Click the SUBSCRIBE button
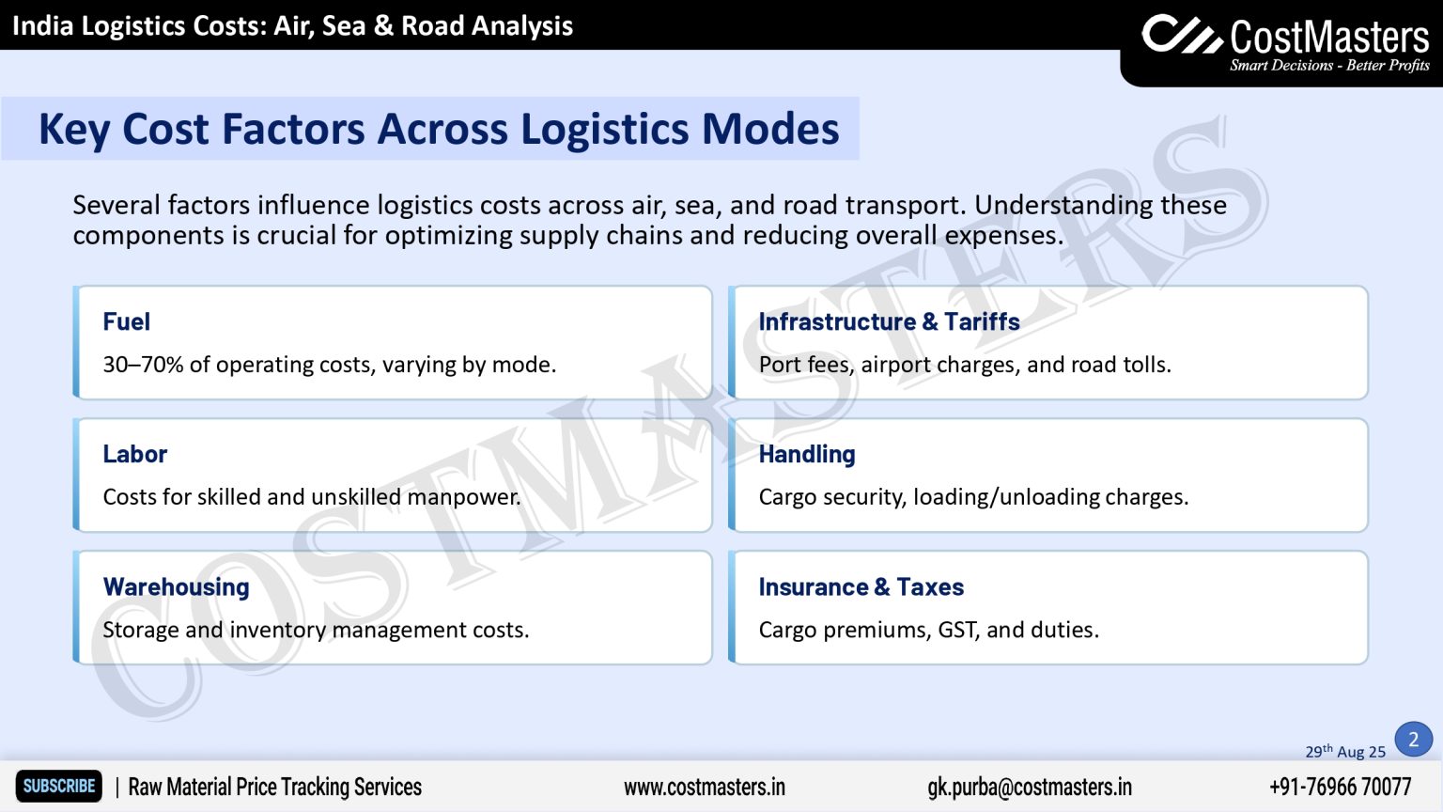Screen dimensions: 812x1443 [58, 787]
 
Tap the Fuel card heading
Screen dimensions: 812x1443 [126, 321]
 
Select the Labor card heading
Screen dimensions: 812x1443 [134, 454]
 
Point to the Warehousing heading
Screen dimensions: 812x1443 [176, 586]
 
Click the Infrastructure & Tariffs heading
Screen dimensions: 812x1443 [889, 321]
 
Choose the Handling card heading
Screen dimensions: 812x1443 [806, 454]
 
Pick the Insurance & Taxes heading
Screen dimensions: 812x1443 [861, 586]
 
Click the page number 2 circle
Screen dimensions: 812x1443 [1413, 740]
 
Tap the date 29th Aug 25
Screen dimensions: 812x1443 [1344, 751]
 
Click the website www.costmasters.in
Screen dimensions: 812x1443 [704, 787]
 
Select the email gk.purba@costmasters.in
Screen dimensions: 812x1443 [1029, 787]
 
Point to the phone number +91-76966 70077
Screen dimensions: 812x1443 [1340, 787]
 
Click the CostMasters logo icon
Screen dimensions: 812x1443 [1181, 35]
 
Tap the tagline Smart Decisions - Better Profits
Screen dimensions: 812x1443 [1329, 66]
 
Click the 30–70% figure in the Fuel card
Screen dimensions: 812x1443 [143, 365]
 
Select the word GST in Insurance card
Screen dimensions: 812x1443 [958, 630]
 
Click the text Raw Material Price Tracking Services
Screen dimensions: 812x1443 [274, 787]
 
